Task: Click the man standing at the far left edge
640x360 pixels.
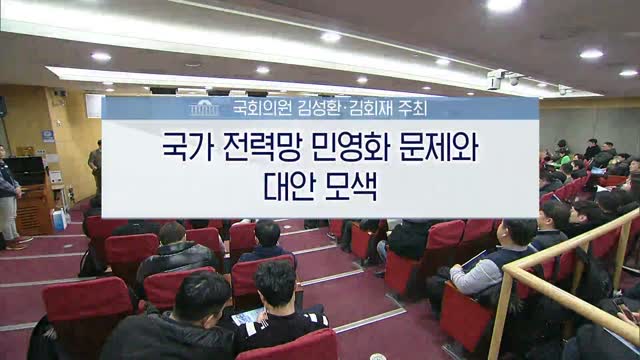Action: click(x=8, y=195)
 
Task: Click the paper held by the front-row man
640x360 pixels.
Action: click(x=242, y=318)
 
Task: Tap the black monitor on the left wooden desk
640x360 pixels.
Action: click(x=28, y=169)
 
